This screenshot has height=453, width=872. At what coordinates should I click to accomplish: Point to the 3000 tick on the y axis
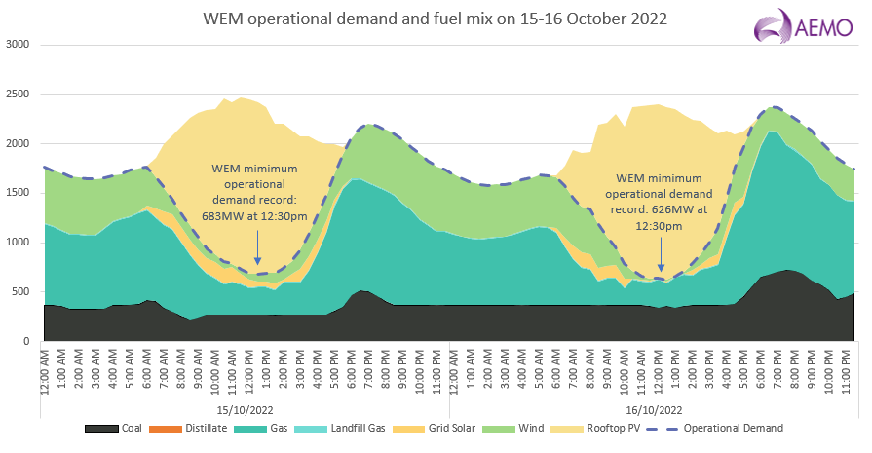18,45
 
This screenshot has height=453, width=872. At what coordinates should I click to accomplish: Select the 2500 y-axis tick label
18,94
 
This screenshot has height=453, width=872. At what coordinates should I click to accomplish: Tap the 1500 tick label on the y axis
18,193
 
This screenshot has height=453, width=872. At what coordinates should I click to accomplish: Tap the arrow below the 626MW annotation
661,257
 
